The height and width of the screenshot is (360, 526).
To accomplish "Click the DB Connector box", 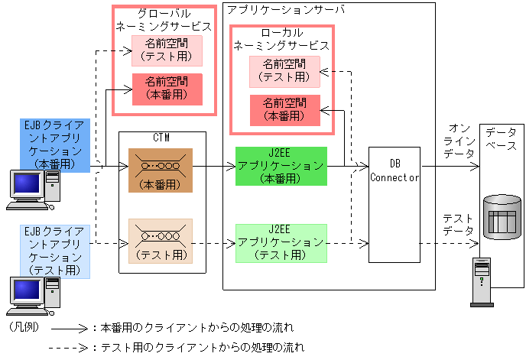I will click(x=394, y=204).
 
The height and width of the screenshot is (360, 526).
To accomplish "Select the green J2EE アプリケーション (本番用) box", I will click(x=281, y=166).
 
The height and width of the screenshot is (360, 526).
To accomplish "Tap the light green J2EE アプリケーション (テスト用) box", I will click(x=281, y=242).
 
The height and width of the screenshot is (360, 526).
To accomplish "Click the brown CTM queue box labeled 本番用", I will click(x=161, y=170).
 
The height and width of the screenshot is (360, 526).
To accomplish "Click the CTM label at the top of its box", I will click(x=161, y=138).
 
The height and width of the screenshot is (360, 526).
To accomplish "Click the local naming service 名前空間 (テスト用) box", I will click(x=284, y=71).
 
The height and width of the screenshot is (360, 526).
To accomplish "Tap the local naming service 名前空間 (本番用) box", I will click(x=284, y=110).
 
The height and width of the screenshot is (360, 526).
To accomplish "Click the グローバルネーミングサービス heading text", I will click(x=163, y=21).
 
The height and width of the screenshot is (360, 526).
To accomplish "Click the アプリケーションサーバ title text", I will click(x=286, y=10).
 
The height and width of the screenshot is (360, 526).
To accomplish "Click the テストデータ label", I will click(x=458, y=223).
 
